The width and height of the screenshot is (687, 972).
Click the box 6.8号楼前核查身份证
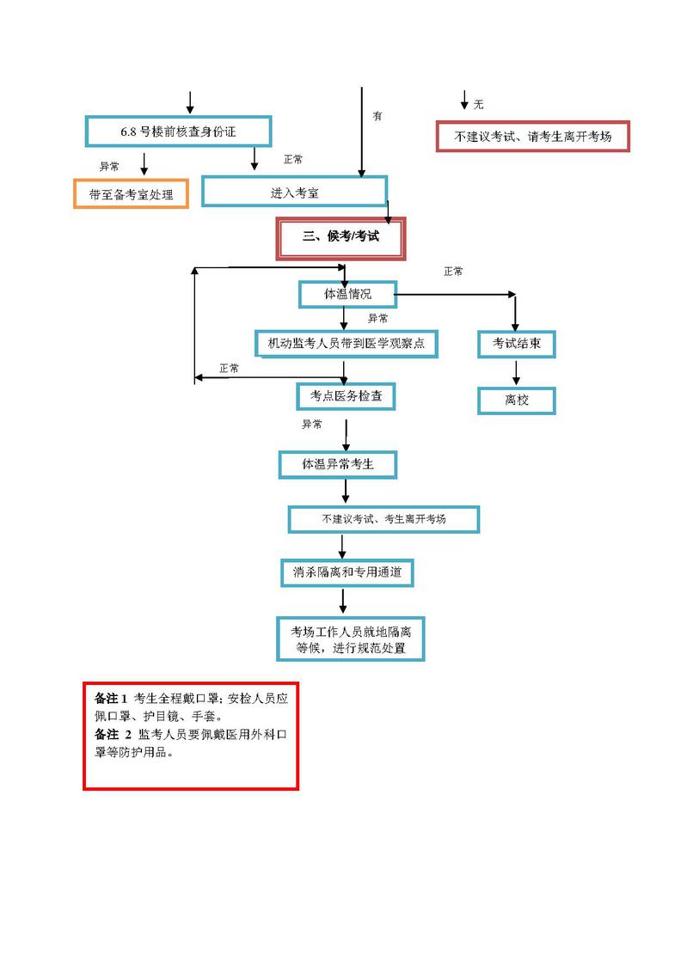(178, 131)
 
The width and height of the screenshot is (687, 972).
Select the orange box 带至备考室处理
(131, 194)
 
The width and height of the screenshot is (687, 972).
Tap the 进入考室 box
(294, 193)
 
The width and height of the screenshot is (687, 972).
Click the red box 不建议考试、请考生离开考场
(533, 137)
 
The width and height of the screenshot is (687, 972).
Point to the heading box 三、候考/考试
(340, 237)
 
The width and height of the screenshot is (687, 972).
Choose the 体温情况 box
(347, 294)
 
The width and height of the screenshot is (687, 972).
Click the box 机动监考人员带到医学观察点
(347, 344)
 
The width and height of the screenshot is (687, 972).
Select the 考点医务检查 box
(346, 396)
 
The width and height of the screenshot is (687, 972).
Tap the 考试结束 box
(516, 344)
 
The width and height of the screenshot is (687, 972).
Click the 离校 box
(516, 400)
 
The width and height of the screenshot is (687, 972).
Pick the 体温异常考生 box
(337, 465)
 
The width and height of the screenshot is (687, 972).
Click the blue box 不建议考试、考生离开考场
(383, 519)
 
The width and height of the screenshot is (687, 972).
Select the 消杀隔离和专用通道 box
(347, 572)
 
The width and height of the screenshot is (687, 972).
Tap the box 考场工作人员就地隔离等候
(350, 639)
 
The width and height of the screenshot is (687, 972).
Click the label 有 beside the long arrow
(377, 116)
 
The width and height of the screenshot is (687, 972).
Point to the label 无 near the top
(478, 105)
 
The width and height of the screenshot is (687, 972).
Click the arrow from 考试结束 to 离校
(516, 372)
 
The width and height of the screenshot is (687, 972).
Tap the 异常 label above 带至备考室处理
(109, 167)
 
